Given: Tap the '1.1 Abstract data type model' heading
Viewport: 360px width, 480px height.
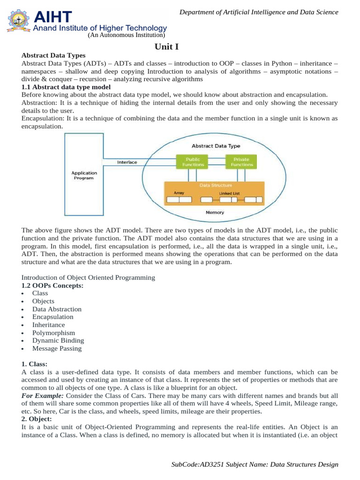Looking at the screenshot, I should pos(66,87).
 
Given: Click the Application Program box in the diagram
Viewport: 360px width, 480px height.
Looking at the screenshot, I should pos(84,175).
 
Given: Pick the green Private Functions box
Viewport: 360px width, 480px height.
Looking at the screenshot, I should pos(241,162).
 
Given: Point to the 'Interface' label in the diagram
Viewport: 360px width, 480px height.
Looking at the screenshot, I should pos(127,162).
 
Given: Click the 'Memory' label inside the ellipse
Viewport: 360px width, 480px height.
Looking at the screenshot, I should pos(215,212).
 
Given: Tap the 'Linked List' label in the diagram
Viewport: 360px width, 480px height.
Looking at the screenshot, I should pos(229,193).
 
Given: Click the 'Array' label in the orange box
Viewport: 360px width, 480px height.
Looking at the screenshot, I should pos(179,193).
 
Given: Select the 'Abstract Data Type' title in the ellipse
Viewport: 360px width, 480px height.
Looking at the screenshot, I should pos(216,146).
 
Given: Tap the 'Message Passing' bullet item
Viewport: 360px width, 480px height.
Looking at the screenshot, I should pos(57,348).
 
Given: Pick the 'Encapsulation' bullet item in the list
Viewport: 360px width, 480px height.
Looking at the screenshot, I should pos(53,317).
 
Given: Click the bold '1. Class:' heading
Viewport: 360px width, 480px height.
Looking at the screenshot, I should pos(35,364).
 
